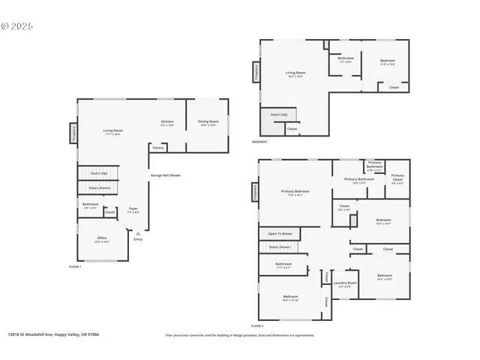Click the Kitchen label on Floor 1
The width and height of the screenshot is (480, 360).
167,123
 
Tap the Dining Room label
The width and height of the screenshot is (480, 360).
208,122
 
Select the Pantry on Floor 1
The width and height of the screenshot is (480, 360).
158,148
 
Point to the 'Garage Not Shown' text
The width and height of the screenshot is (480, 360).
165,175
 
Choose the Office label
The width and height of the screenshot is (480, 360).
102,239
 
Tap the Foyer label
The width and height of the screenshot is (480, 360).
133,209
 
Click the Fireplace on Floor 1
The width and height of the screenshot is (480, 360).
74,133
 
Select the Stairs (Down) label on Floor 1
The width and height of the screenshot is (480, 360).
100,188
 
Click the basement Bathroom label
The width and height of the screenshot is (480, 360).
346,59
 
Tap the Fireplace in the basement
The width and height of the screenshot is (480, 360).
256,73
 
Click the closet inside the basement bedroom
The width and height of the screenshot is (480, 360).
394,87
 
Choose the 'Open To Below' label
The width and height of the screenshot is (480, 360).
280,233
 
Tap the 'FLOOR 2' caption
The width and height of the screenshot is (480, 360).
257,326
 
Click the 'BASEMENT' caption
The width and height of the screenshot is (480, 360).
259,142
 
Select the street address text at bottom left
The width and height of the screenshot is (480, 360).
53,334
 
